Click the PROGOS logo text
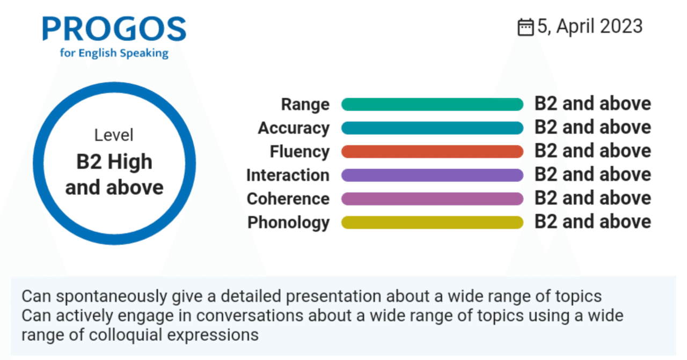click(114, 28)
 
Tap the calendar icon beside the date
click(525, 27)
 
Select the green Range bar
click(432, 104)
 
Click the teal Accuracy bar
click(432, 128)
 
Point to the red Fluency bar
click(432, 151)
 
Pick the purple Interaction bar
click(432, 175)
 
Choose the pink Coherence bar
click(432, 199)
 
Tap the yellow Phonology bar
click(432, 222)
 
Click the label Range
click(305, 105)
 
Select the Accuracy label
click(294, 128)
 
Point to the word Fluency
click(299, 152)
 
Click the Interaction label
click(288, 175)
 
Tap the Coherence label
click(288, 199)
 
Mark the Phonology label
click(289, 223)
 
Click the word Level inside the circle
click(114, 135)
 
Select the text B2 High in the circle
click(114, 162)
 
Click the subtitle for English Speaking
click(114, 53)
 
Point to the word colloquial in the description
click(126, 335)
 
